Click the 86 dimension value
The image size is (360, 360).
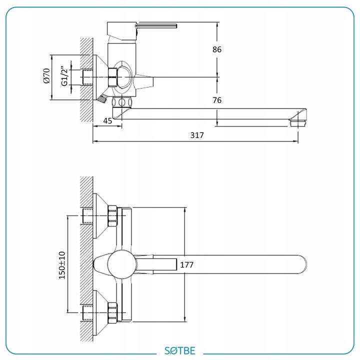(x=216, y=49)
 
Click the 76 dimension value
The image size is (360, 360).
(x=216, y=100)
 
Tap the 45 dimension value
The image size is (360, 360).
(x=107, y=120)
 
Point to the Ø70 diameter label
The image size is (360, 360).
(x=46, y=76)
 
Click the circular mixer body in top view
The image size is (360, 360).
(x=121, y=264)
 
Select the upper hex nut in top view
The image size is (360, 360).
(x=112, y=215)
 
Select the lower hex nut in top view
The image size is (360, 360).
(x=112, y=313)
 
